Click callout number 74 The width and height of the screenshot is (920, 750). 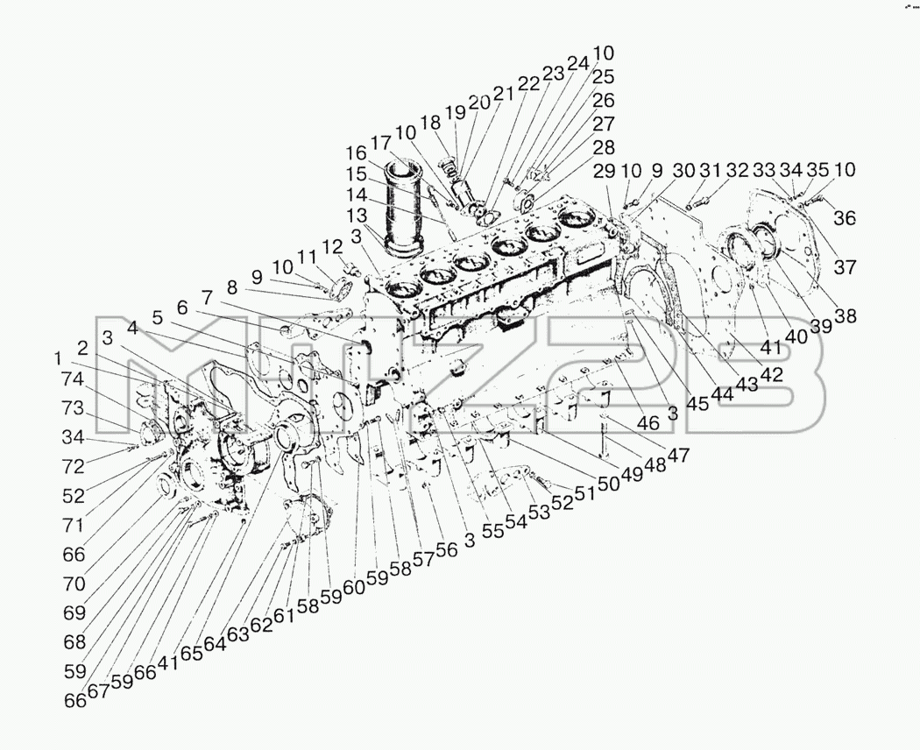74,379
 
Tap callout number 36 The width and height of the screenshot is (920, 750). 845,218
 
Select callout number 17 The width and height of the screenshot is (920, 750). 380,143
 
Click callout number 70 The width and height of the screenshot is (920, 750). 74,584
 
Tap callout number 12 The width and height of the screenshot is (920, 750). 332,248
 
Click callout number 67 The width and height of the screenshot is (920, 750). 98,692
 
